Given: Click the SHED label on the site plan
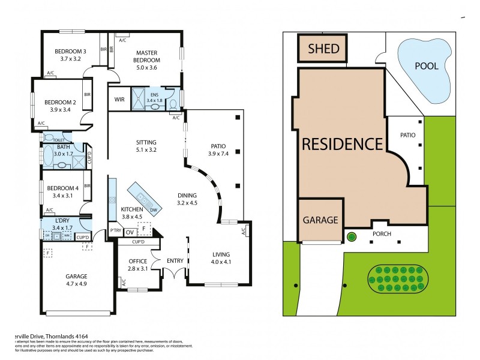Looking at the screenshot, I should pyautogui.click(x=324, y=49).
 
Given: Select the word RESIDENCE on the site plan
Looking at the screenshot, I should pyautogui.click(x=342, y=144).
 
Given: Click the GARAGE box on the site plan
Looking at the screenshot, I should pyautogui.click(x=320, y=220).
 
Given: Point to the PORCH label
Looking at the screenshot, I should pyautogui.click(x=382, y=234).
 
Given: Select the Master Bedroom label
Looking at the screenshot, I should pyautogui.click(x=146, y=56).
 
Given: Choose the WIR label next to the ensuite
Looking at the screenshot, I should pyautogui.click(x=119, y=100).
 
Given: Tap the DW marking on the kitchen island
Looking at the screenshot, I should pyautogui.click(x=154, y=209).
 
